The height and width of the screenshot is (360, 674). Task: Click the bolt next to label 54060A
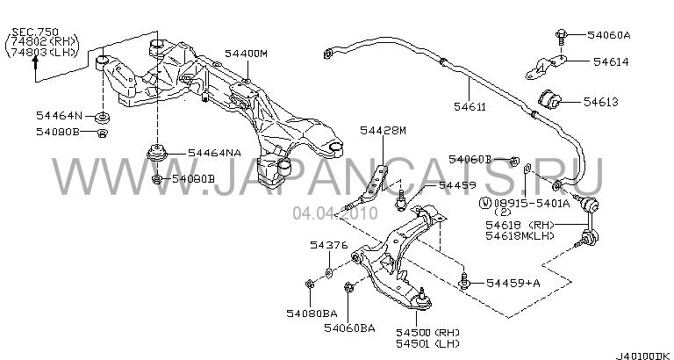(x=558, y=35)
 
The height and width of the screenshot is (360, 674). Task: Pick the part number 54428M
(x=384, y=131)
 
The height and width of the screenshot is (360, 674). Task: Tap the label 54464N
(x=60, y=115)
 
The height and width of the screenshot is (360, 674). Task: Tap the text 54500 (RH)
(x=427, y=332)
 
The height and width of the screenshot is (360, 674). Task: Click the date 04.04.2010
(x=326, y=213)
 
